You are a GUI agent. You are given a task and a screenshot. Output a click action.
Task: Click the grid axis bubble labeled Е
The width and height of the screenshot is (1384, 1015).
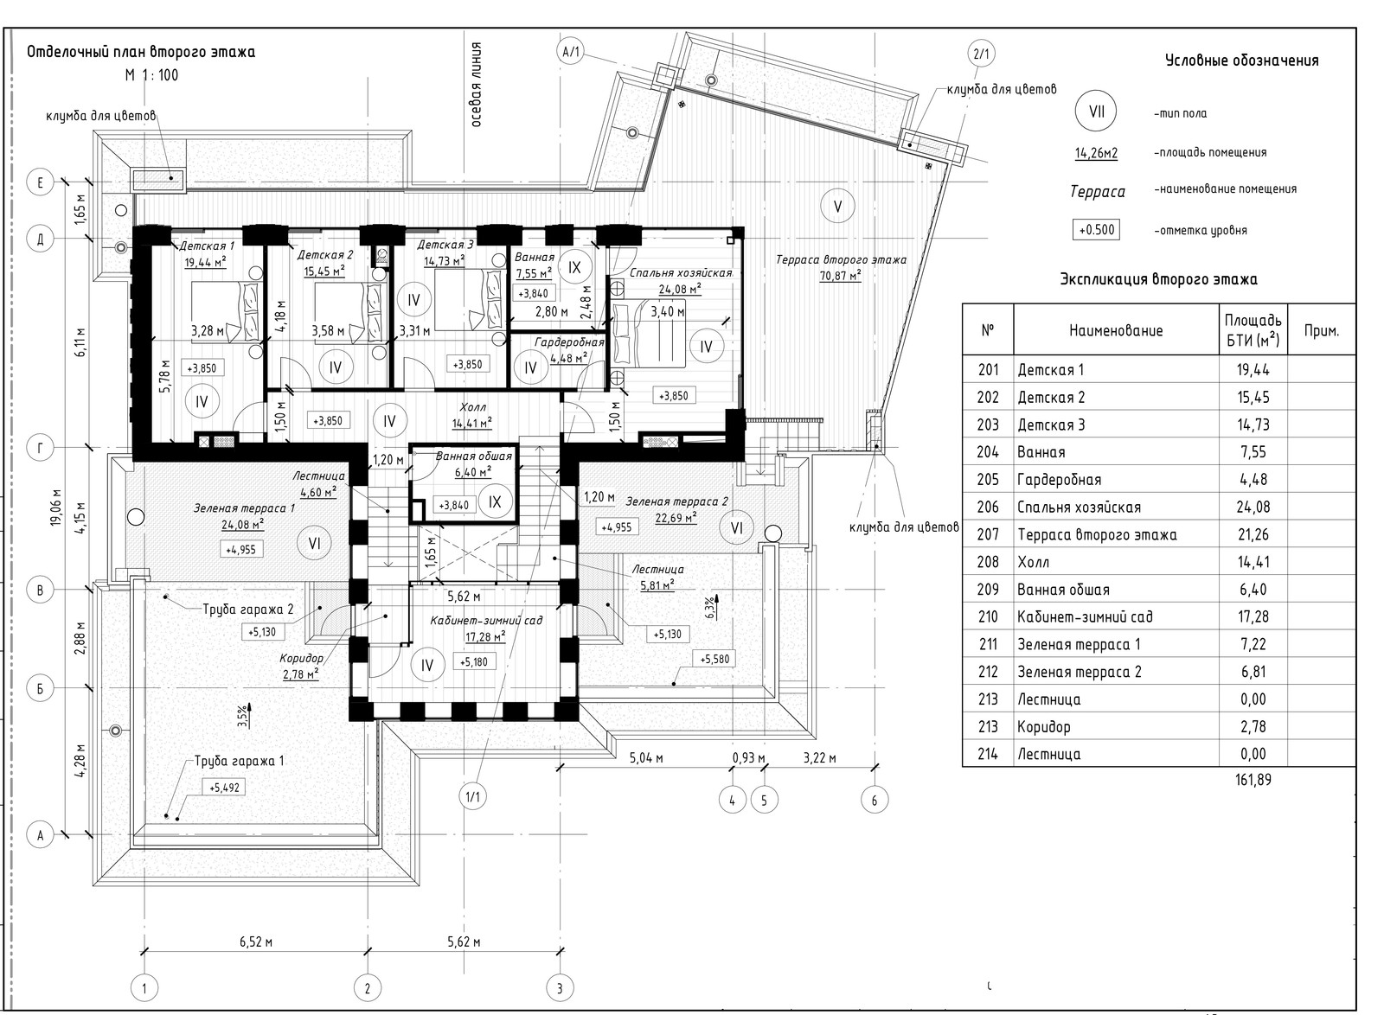point(41,182)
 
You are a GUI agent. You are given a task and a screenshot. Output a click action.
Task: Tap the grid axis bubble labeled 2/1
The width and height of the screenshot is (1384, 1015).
point(981,54)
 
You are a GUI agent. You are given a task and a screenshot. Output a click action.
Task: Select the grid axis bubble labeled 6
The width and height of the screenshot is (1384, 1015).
point(875,801)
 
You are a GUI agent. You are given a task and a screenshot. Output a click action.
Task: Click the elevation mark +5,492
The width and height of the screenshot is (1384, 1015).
point(224,788)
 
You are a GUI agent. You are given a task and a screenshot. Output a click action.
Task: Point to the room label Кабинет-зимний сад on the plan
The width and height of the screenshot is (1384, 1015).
point(486,620)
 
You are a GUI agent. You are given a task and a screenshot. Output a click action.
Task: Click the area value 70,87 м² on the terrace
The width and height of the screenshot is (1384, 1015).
point(840,275)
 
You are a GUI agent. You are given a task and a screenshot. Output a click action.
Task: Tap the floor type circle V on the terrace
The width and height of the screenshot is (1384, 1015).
point(838,207)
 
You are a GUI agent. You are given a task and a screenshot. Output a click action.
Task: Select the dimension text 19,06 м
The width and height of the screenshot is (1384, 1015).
point(57,507)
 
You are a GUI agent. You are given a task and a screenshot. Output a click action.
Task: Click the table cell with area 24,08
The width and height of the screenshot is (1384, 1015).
point(1253,507)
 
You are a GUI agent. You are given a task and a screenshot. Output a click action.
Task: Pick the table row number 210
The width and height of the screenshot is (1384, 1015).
point(988,616)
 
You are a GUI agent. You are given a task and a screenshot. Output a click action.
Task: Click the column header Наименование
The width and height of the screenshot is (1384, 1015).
point(1116,330)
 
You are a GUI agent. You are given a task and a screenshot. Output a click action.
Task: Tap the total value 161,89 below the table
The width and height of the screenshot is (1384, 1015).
point(1253,780)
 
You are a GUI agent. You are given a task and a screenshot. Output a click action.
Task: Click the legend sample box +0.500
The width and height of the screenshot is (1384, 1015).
point(1096,230)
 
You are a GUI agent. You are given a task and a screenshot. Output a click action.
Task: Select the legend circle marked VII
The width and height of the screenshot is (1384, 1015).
point(1097,112)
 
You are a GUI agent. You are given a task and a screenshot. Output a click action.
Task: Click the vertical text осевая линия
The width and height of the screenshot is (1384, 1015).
point(476,85)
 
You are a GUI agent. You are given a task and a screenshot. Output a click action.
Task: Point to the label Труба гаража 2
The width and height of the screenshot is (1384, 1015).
point(247,610)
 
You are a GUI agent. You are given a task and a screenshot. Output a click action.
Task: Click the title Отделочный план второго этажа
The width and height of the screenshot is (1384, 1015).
point(141,52)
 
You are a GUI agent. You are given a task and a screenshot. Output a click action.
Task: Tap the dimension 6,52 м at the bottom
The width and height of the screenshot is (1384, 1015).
point(256,942)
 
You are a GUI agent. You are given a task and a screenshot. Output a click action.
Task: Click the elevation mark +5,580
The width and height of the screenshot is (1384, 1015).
point(714,660)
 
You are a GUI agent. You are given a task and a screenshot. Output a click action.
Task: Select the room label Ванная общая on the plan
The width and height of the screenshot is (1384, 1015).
point(474,456)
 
